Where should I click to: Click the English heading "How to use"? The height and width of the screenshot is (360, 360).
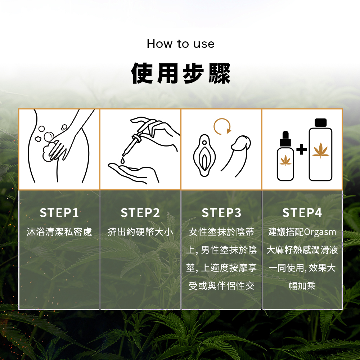[x=180, y=44]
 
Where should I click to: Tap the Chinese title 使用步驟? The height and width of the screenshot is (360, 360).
[x=180, y=73]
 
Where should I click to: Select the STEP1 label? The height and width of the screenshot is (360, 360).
[x=59, y=213]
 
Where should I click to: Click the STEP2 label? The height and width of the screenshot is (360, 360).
[x=140, y=213]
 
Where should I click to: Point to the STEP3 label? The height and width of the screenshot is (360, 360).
[x=221, y=213]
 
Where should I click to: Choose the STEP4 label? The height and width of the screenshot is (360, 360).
[x=302, y=213]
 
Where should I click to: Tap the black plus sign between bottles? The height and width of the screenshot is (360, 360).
[x=301, y=149]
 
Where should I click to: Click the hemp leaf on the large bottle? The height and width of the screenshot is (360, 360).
[x=320, y=150]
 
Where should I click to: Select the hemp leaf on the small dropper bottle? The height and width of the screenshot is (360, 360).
[x=285, y=161]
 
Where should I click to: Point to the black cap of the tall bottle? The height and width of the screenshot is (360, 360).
[x=320, y=123]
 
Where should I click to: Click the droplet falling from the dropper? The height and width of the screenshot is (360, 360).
[x=123, y=160]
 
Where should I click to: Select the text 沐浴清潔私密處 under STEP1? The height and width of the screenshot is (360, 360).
[x=59, y=232]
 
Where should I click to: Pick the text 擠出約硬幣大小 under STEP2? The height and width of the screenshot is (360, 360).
[x=140, y=232]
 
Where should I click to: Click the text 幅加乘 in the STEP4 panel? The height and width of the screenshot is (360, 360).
[x=302, y=286]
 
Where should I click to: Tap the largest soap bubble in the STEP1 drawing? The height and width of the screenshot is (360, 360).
[x=49, y=137]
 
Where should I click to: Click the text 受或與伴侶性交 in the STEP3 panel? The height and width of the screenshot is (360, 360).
[x=221, y=286]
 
